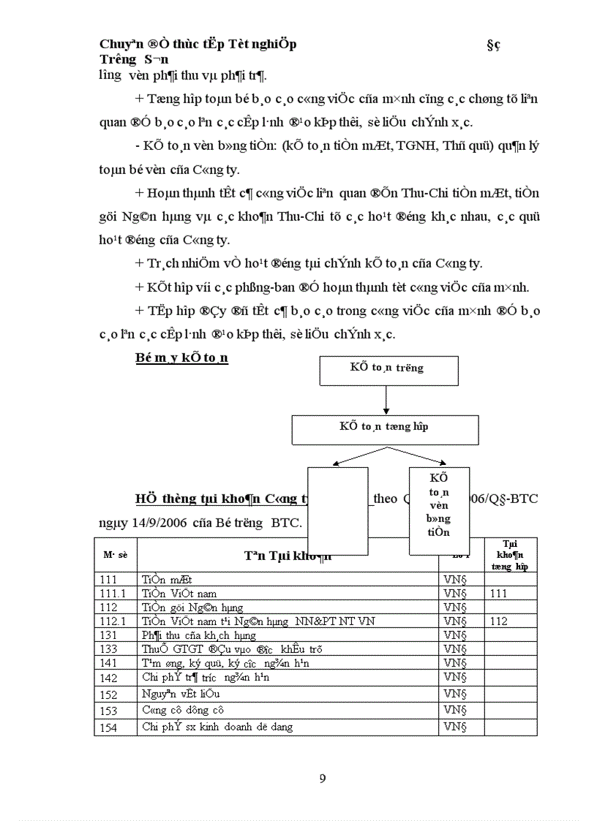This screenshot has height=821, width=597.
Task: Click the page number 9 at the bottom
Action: (323, 778)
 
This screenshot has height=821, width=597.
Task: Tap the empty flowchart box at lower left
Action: (337, 511)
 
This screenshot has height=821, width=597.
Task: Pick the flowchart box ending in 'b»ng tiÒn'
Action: (439, 511)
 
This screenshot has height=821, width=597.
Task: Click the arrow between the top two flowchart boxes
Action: (386, 401)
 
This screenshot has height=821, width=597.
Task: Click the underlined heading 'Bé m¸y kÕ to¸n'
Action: (182, 357)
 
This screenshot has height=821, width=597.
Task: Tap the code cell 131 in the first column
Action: (108, 635)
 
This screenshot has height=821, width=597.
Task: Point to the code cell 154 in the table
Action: (108, 727)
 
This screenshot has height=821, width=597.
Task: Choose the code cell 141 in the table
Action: (108, 662)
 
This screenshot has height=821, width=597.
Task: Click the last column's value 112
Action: (499, 621)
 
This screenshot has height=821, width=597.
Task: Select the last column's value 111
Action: (499, 594)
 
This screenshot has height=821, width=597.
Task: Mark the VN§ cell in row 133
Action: (455, 649)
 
